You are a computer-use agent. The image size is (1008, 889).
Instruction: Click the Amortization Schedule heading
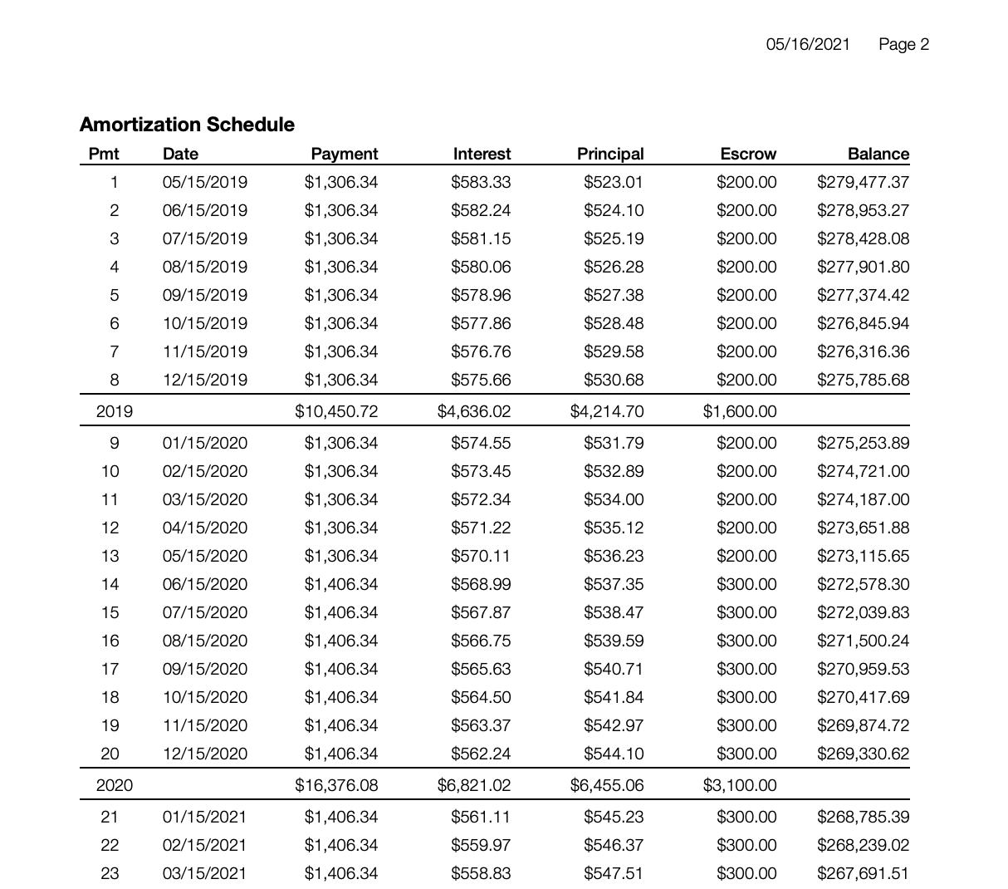click(x=187, y=125)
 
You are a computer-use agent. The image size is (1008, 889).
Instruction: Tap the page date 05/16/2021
click(x=808, y=45)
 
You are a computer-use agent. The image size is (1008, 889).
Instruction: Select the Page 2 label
click(x=903, y=45)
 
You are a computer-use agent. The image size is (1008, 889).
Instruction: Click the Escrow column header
click(x=748, y=154)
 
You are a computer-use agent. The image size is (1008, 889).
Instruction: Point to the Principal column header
click(x=610, y=154)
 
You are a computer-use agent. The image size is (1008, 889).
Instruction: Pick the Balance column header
click(x=878, y=154)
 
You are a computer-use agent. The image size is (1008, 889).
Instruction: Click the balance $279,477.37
click(x=863, y=182)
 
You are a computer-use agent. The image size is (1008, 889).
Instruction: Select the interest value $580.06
click(x=481, y=267)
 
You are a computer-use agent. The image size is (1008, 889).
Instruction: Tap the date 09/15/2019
click(x=204, y=295)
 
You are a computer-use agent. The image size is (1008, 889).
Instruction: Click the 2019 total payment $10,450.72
click(x=336, y=411)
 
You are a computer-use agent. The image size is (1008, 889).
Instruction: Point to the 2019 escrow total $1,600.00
click(x=740, y=411)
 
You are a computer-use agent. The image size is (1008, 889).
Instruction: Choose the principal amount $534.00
click(x=614, y=499)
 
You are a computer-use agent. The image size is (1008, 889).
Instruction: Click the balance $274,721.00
click(x=863, y=471)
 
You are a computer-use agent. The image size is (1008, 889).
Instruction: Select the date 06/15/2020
click(x=204, y=584)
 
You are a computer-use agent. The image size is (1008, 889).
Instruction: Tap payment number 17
click(x=110, y=669)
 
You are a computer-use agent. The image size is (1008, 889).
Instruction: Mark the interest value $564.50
click(x=481, y=697)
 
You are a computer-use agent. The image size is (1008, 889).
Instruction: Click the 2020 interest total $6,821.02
click(x=474, y=785)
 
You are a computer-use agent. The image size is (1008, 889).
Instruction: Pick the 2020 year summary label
click(x=115, y=785)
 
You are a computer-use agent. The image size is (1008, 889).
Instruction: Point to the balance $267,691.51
click(x=863, y=873)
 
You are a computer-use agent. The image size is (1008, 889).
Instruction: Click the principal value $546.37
click(x=614, y=845)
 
